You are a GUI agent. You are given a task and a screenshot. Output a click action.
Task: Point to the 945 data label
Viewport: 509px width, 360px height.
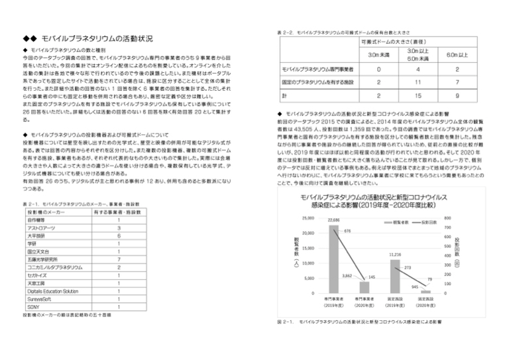pyautogui.click(x=416, y=287)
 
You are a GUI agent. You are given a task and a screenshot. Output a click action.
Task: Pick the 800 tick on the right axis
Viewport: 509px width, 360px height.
pyautogui.click(x=447, y=217)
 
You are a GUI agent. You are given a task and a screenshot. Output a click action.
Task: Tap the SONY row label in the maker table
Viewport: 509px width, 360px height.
pyautogui.click(x=34, y=307)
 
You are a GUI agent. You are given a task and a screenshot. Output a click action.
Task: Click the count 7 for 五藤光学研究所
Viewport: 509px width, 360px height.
pyautogui.click(x=117, y=259)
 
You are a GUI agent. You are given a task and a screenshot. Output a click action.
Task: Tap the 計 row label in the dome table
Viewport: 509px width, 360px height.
pyautogui.click(x=284, y=96)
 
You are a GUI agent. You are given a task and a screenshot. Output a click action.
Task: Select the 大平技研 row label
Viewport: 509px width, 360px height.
pyautogui.click(x=36, y=235)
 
